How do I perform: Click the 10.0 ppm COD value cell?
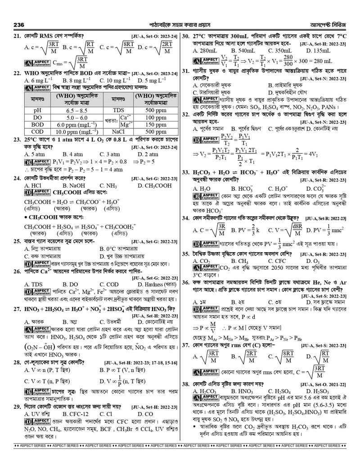[x=77, y=132]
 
